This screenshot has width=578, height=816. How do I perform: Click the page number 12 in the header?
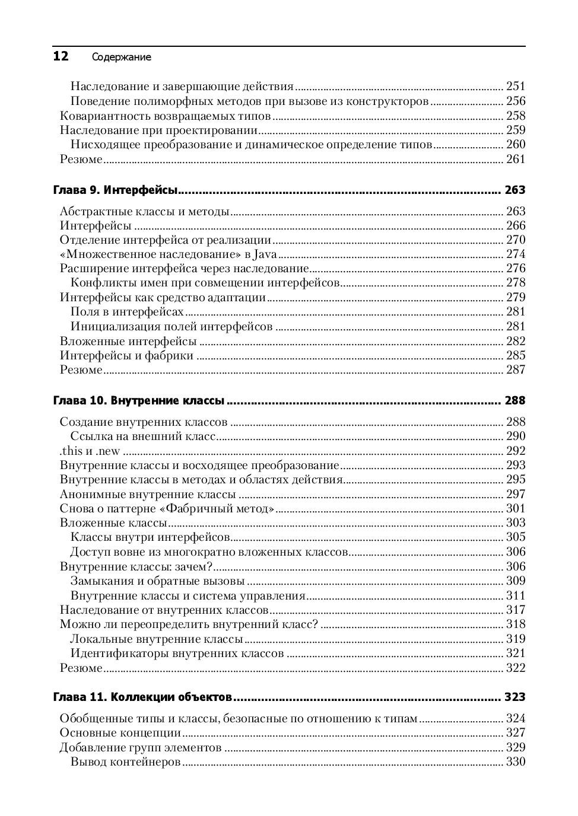[61, 56]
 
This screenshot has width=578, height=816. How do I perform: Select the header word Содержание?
[122, 58]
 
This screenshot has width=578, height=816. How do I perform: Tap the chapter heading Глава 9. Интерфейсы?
[116, 190]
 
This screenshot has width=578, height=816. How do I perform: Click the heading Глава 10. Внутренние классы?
[139, 401]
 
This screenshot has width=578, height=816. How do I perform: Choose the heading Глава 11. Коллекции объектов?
[142, 697]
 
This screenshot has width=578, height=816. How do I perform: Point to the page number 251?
[515, 86]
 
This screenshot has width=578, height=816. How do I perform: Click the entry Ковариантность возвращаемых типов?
[166, 116]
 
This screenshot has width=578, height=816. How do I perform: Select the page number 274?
[515, 254]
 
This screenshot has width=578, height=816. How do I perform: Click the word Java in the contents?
[265, 254]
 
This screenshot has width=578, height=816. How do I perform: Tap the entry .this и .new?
[90, 451]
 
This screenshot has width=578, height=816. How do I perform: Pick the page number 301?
[515, 508]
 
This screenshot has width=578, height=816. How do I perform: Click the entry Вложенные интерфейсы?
[128, 341]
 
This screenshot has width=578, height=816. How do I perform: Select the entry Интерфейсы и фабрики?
[127, 356]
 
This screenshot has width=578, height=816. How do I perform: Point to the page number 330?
[515, 762]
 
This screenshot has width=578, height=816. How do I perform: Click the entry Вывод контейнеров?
[125, 762]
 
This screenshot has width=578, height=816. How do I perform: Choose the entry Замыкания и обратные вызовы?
[157, 581]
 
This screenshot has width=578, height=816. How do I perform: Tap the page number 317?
[515, 610]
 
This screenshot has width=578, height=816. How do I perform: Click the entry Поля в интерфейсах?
[127, 312]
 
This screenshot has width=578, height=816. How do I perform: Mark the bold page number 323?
[515, 697]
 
